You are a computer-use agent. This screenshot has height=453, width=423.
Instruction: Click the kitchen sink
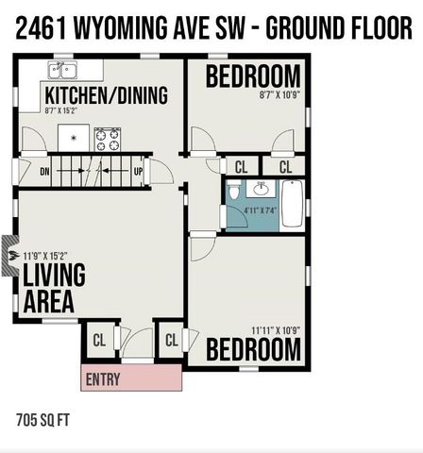point(63,71)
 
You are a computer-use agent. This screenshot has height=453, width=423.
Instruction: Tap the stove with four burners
point(107,139)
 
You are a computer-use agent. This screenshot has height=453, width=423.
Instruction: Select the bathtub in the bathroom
point(292,203)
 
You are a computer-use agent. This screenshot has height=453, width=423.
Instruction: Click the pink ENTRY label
point(103,379)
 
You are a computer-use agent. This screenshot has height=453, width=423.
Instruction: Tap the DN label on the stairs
point(44,172)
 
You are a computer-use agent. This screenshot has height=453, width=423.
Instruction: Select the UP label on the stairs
point(138,172)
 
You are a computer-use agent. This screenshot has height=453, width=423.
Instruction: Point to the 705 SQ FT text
point(44,417)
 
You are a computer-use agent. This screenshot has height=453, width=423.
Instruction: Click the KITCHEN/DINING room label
point(106,95)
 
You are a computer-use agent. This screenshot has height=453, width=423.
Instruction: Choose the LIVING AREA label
point(54,289)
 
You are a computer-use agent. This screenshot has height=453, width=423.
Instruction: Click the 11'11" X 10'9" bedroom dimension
point(275,330)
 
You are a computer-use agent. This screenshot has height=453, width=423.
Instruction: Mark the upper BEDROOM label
point(253,76)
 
